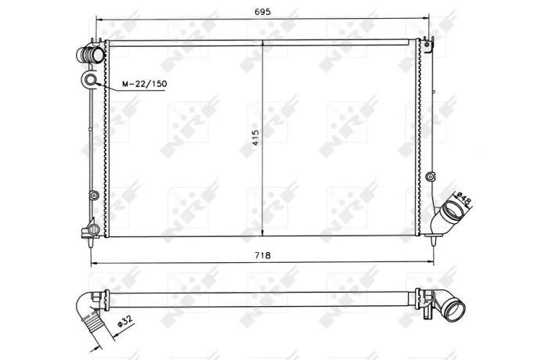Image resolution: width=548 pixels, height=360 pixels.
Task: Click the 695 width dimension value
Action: (x=262, y=12)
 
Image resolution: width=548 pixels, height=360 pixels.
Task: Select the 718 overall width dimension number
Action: (x=262, y=255)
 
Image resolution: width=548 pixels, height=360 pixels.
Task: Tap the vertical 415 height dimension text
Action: (x=256, y=138)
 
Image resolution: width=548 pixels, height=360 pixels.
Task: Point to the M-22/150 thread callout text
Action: (x=144, y=84)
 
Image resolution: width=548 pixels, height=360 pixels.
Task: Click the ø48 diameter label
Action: (x=464, y=200)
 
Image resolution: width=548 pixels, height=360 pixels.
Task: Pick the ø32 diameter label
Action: (x=124, y=321)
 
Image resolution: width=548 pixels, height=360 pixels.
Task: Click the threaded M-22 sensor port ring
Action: (x=91, y=80)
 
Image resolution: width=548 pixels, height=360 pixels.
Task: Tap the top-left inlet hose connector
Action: (x=90, y=55)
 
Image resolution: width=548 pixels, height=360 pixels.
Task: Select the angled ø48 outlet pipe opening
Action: (x=451, y=212)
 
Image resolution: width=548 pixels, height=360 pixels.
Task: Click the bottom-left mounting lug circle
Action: (x=94, y=229)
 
